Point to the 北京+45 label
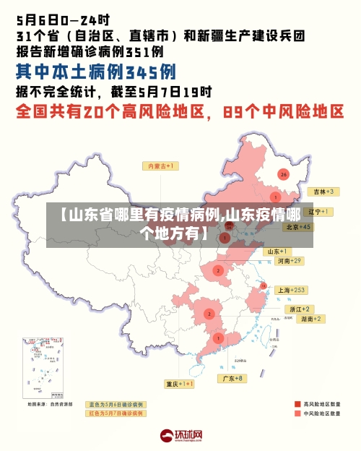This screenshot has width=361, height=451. point(297,226)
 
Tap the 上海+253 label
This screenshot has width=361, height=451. point(292,290)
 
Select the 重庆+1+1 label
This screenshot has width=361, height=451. point(179,384)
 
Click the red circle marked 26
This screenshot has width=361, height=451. point(284,174)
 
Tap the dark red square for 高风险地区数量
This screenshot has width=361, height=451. point(297,404)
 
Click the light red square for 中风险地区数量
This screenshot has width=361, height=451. point(297,414)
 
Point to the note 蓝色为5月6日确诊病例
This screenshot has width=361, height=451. point(116,404)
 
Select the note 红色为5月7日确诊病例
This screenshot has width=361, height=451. point(116,413)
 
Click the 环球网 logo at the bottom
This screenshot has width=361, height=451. point(180,435)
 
